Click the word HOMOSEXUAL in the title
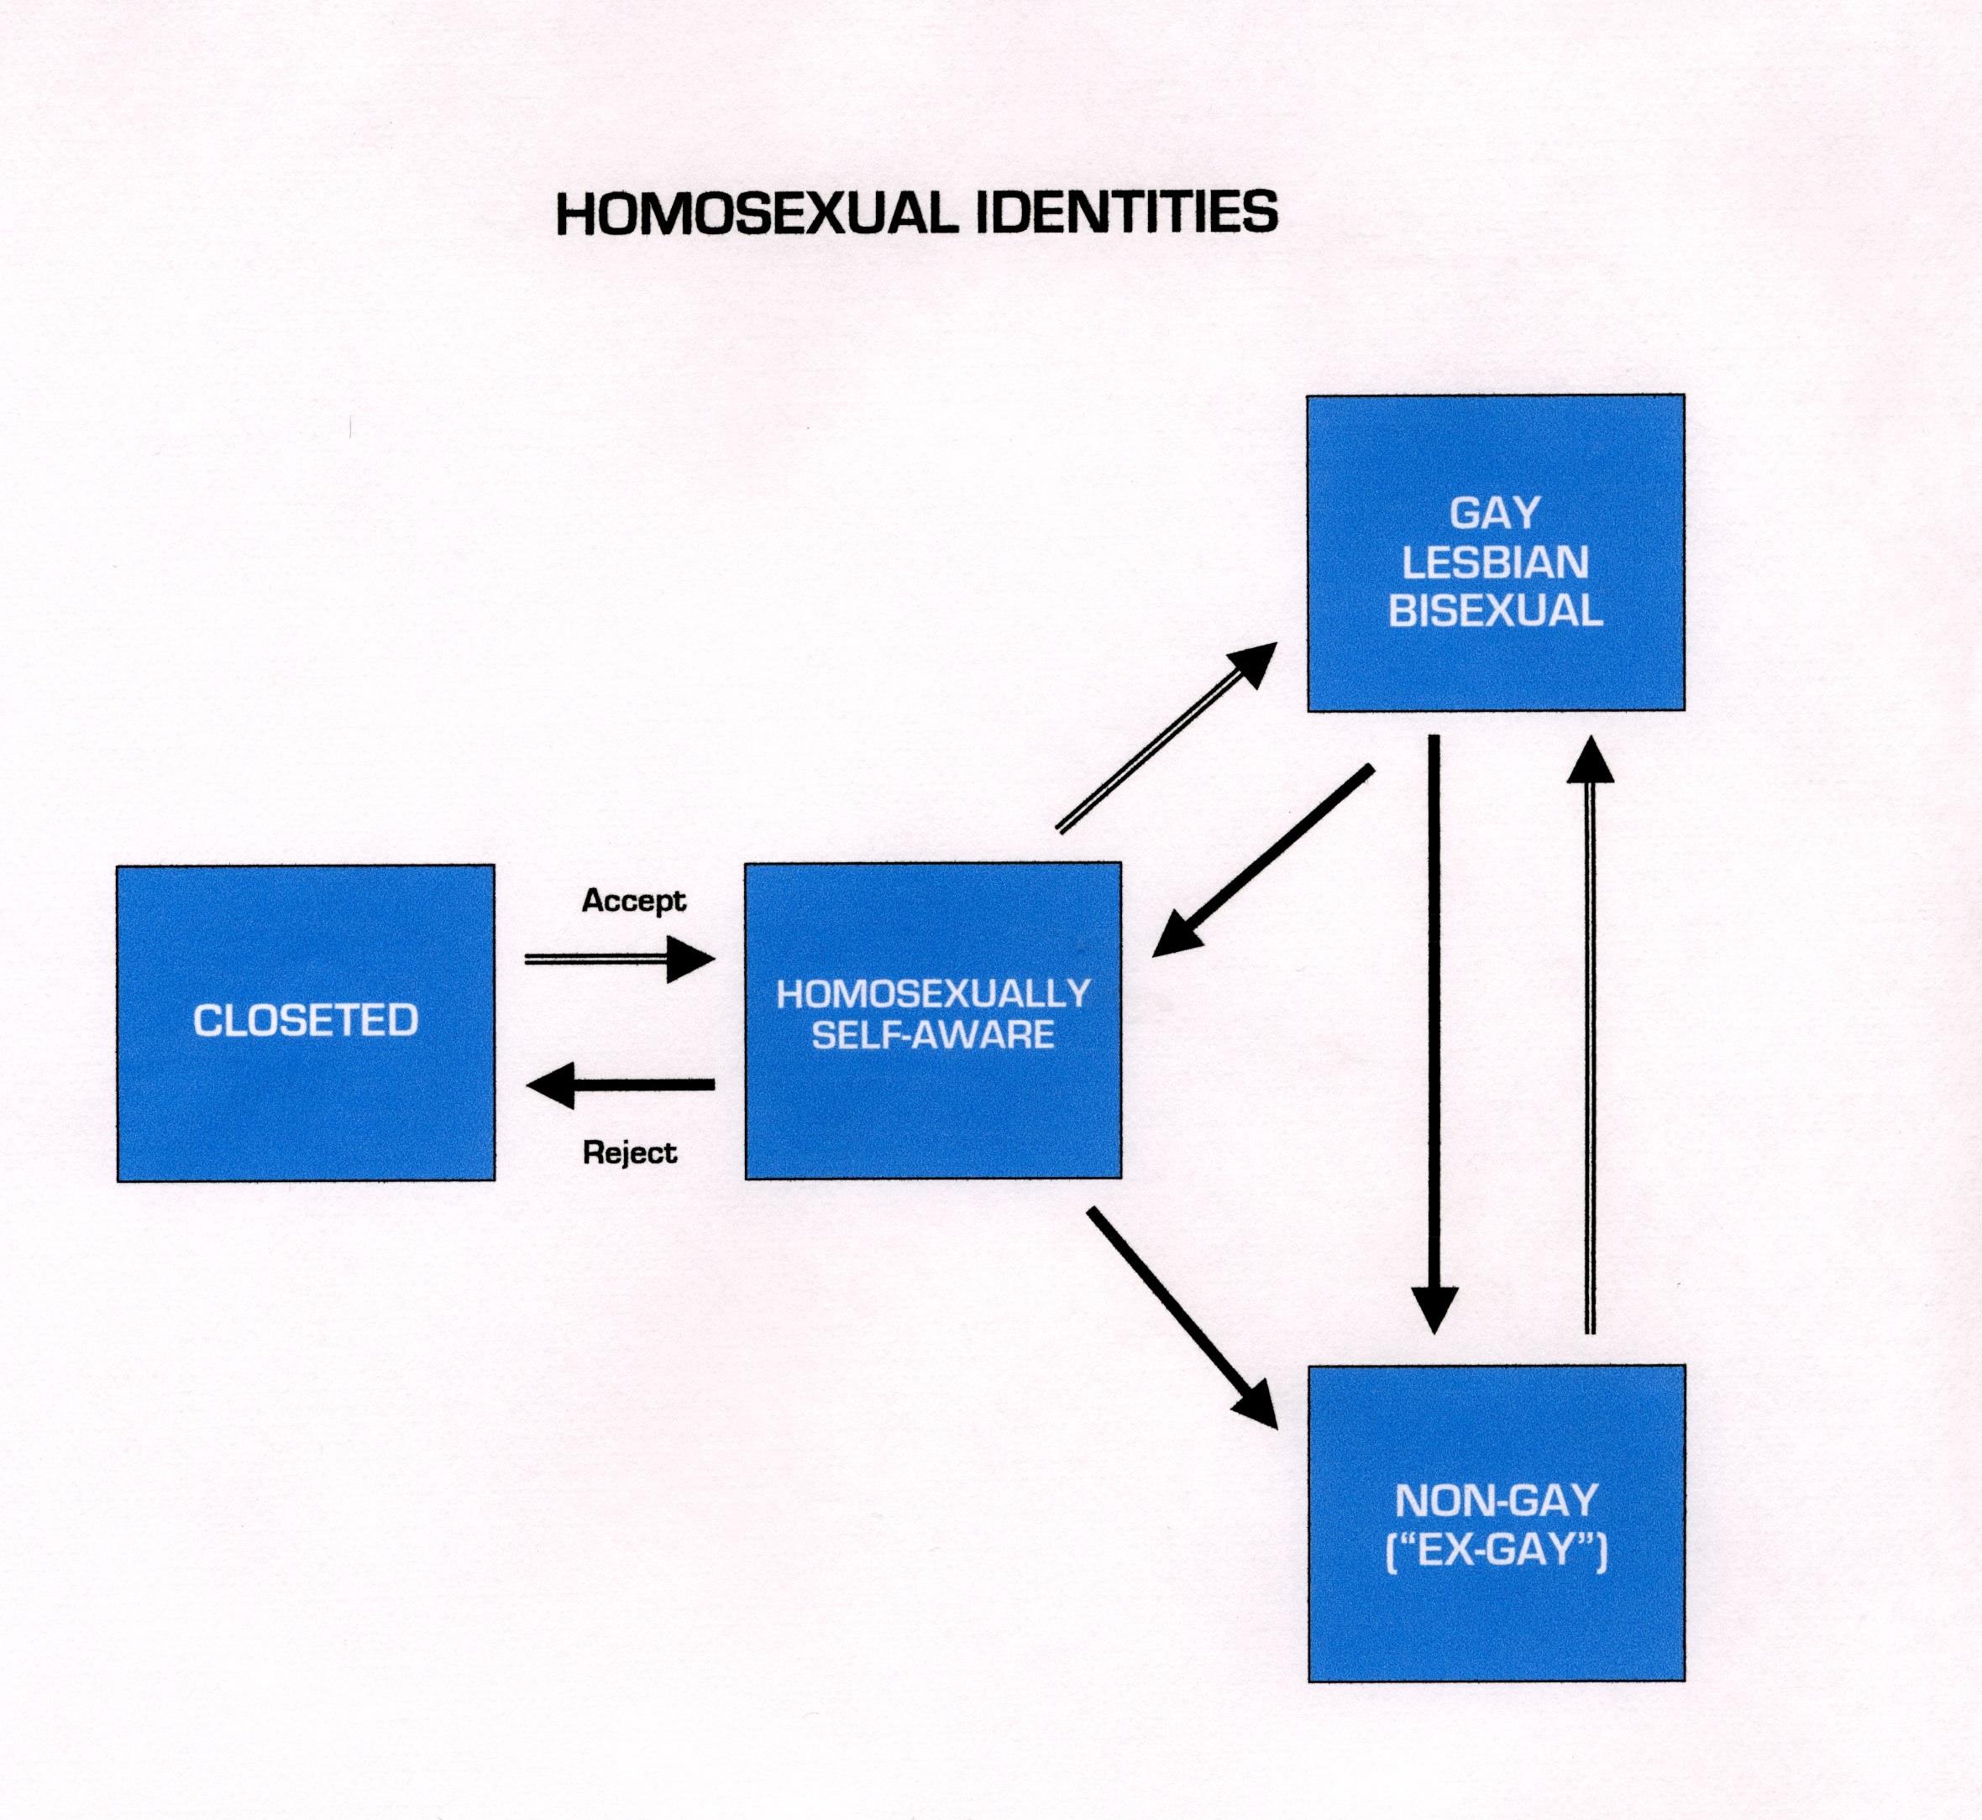tap(758, 214)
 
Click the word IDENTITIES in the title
tap(1127, 212)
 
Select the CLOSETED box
tap(306, 1023)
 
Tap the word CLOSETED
tap(306, 1020)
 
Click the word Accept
tap(633, 900)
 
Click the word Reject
tap(630, 1153)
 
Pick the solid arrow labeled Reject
tap(621, 1085)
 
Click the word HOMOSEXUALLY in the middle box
tap(933, 994)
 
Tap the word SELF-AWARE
tap(933, 1035)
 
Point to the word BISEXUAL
tap(1496, 610)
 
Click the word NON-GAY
tap(1497, 1501)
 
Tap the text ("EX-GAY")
tap(1497, 1551)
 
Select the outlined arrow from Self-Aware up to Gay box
tap(1167, 738)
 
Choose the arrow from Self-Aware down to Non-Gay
tap(1183, 1318)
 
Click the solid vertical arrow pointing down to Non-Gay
tap(1434, 1034)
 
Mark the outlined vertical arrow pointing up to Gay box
tap(1590, 1034)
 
